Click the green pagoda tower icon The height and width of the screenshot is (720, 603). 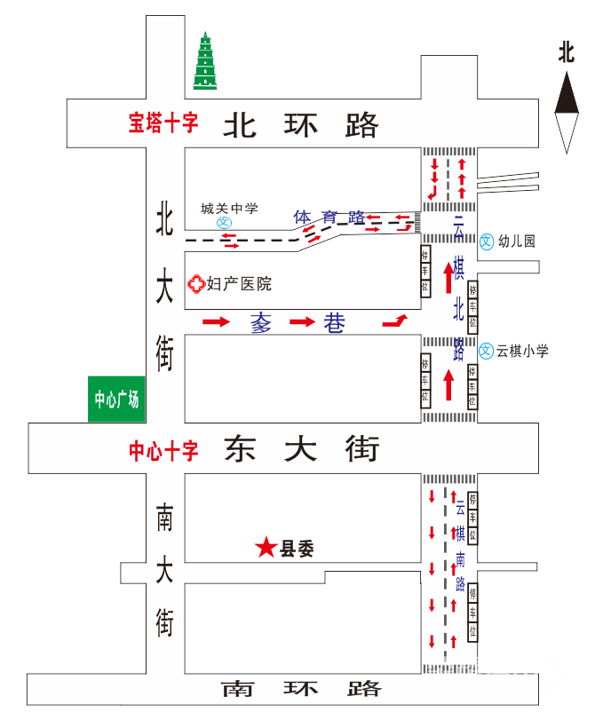click(x=207, y=62)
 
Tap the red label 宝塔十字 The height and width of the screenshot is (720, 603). click(x=163, y=123)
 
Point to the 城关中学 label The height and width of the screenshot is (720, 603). click(x=229, y=209)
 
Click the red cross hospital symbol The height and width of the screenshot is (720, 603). click(x=194, y=284)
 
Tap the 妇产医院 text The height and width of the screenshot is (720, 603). click(x=239, y=284)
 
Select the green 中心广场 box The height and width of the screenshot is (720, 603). click(x=117, y=399)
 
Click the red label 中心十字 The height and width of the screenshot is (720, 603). click(x=163, y=450)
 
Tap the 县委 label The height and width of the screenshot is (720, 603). click(x=298, y=550)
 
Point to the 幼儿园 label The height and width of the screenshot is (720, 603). click(x=516, y=241)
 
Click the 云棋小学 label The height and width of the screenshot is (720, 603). click(x=522, y=351)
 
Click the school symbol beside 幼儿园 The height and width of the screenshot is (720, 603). click(x=487, y=241)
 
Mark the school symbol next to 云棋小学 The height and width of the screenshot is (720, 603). click(x=487, y=351)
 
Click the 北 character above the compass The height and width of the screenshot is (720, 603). click(x=567, y=51)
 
